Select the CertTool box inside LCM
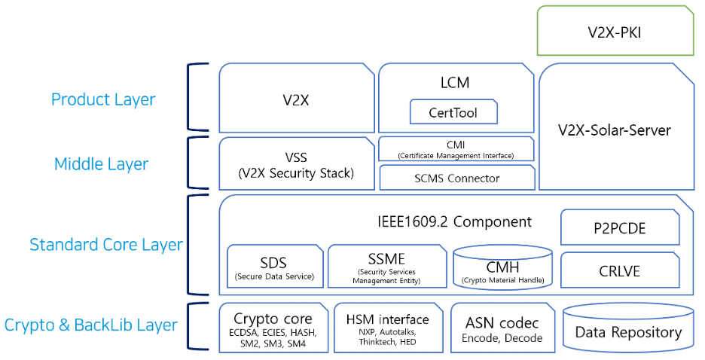[453, 113]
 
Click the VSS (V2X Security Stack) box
[296, 164]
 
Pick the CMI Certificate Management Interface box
[456, 149]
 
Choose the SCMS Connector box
[456, 178]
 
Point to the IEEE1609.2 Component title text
[454, 221]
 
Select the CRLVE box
[620, 270]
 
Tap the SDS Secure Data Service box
[273, 267]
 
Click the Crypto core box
[273, 327]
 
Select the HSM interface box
[386, 327]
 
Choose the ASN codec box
[502, 327]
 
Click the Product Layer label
[103, 99]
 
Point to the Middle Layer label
[101, 164]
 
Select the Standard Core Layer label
[105, 245]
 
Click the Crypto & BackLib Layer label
[91, 325]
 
